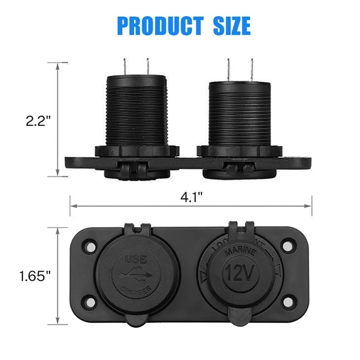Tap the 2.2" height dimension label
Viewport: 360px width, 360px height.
pyautogui.click(x=38, y=120)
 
